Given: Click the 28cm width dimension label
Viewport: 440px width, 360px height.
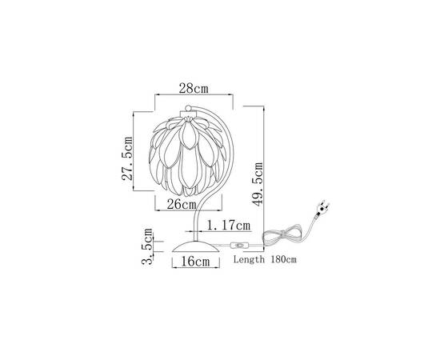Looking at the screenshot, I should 194,86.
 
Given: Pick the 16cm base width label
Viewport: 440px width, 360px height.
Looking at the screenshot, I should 194,261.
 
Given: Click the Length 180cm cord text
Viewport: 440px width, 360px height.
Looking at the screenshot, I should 265,260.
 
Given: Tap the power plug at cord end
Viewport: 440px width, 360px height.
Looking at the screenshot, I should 323,210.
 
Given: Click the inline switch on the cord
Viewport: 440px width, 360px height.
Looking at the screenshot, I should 238,245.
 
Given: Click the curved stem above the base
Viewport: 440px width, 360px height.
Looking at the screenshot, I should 198,216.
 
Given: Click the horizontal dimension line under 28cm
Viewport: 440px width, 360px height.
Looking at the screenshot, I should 194,96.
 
